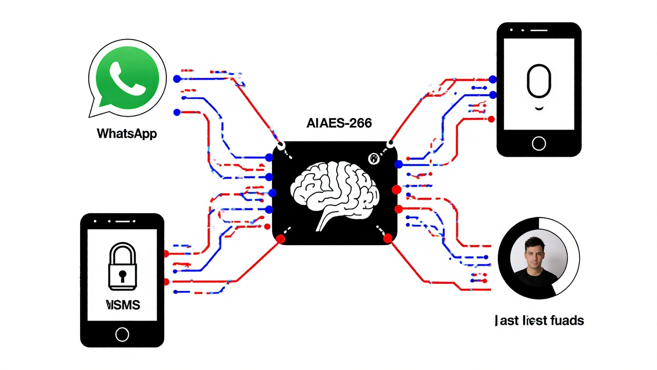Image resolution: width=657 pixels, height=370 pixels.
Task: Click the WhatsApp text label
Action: (127, 134)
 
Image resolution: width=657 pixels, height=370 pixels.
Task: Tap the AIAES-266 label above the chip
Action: (339, 123)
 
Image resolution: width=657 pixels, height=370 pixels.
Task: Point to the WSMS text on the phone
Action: (123, 305)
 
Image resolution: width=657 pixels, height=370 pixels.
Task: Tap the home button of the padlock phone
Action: (122, 335)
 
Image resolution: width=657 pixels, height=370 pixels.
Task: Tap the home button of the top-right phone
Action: (539, 143)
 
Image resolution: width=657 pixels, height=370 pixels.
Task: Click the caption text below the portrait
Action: (539, 321)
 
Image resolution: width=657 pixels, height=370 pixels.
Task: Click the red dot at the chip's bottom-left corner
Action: (281, 239)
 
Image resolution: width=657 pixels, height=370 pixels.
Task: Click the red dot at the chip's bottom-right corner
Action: (388, 238)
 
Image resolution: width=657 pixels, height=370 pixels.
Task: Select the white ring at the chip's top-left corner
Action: (281, 146)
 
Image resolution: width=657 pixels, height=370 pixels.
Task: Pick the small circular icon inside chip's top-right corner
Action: (374, 159)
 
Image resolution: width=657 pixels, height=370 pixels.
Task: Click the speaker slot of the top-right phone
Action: (538, 30)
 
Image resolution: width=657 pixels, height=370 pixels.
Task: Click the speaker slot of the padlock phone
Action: (122, 221)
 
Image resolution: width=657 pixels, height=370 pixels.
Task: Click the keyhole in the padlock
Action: (122, 275)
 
